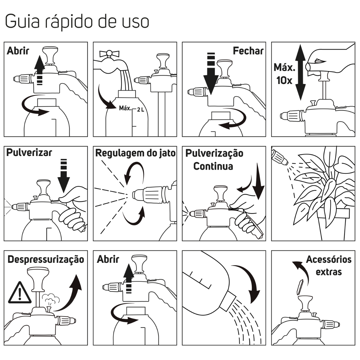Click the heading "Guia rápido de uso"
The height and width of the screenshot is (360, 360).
click(77, 21)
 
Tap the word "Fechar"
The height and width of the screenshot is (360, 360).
click(248, 51)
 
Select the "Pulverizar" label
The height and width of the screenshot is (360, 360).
click(29, 153)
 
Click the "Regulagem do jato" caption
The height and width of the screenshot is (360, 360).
click(135, 153)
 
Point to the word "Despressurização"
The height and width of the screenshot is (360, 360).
click(46, 260)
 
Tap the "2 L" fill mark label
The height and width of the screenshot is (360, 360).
click(140, 110)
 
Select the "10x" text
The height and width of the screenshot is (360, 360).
click(284, 80)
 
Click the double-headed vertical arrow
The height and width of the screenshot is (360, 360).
click(300, 73)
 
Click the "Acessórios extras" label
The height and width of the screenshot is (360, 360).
click(328, 265)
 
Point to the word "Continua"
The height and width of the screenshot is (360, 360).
click(213, 166)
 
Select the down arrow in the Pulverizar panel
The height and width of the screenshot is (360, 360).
click(64, 176)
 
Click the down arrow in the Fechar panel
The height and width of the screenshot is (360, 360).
click(211, 74)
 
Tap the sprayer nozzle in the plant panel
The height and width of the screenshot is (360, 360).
click(279, 157)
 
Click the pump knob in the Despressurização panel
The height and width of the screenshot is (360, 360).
click(38, 279)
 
